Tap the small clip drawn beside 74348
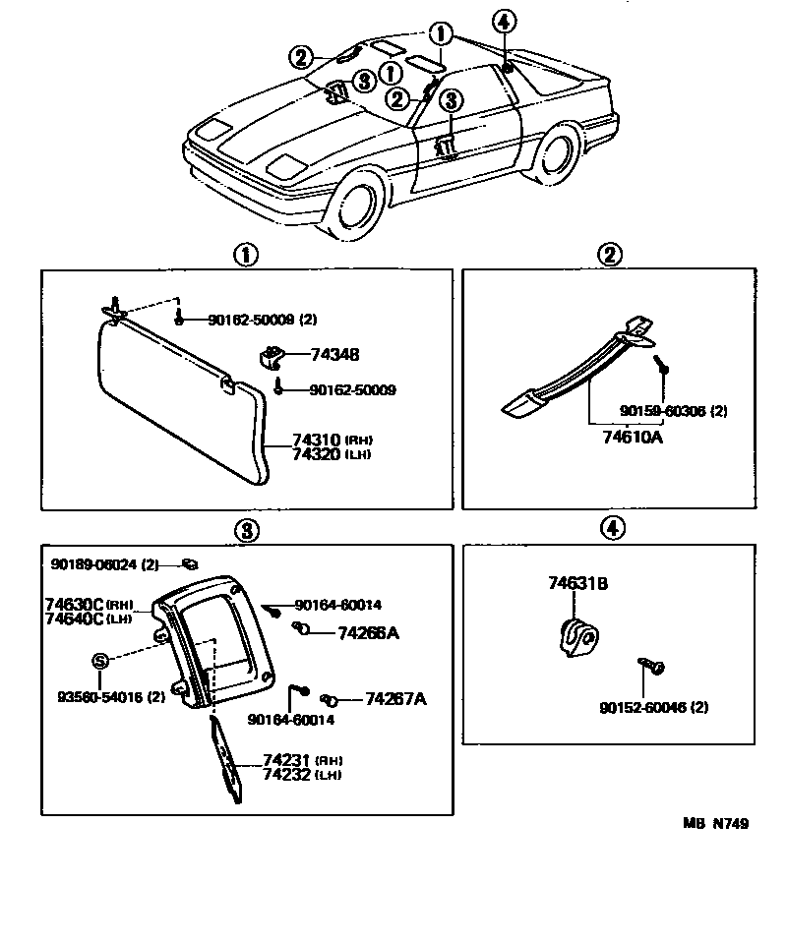tap(272, 356)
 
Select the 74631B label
tap(577, 584)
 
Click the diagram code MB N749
tap(715, 824)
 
